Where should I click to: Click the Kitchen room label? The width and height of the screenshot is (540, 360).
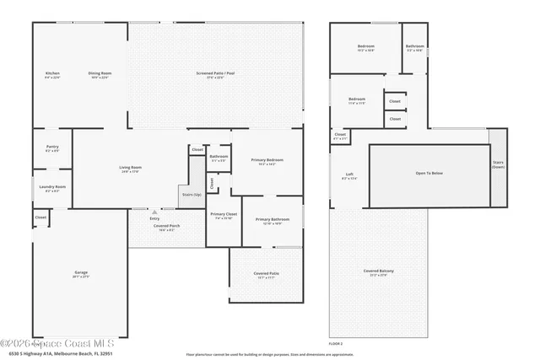[52, 73]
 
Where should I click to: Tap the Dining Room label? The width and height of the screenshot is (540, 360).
[100, 73]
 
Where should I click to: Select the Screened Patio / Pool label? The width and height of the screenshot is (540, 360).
[215, 73]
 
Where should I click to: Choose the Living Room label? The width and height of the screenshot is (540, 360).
[130, 168]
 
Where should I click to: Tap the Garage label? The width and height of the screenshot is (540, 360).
[81, 272]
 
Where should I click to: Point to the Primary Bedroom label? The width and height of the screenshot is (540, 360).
[266, 159]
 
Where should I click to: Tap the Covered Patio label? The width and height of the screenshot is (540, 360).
[267, 273]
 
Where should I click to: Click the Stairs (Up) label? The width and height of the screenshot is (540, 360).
[192, 194]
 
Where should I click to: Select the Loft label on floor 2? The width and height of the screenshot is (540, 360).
[349, 175]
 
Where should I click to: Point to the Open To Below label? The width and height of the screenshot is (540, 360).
[429, 173]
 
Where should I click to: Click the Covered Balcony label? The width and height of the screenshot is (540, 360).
[379, 271]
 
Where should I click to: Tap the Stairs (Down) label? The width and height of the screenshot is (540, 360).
[497, 165]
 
